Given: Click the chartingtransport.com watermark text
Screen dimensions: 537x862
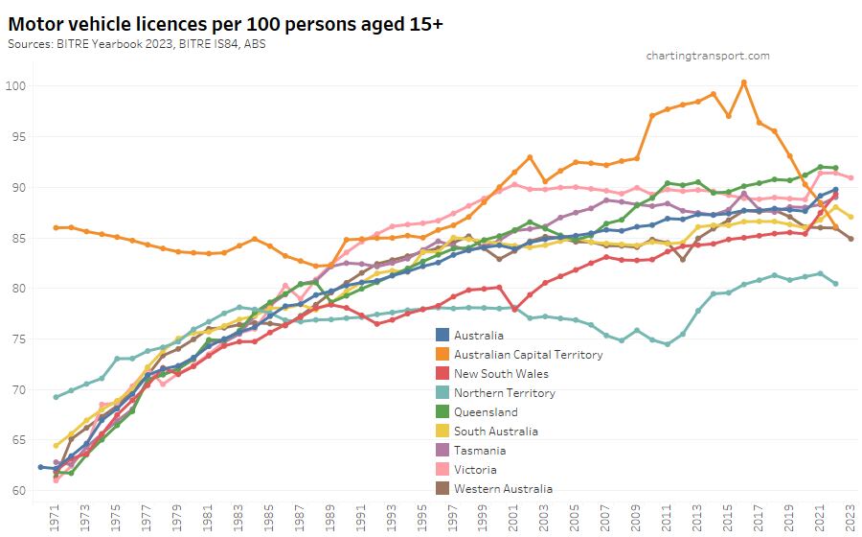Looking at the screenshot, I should click(708, 56).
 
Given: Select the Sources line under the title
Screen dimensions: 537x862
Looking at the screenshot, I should click(138, 44).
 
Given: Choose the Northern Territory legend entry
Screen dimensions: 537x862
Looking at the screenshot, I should click(505, 392).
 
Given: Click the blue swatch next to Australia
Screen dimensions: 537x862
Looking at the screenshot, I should click(442, 335).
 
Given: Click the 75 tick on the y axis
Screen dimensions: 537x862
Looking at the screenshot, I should click(22, 339).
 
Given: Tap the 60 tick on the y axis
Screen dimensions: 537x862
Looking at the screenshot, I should click(22, 490).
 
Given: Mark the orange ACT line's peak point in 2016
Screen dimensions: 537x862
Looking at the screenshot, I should click(744, 82).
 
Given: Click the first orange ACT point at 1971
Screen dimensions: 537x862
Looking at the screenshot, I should click(56, 227).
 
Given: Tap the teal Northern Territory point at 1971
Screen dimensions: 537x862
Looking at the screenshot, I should click(56, 397).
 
